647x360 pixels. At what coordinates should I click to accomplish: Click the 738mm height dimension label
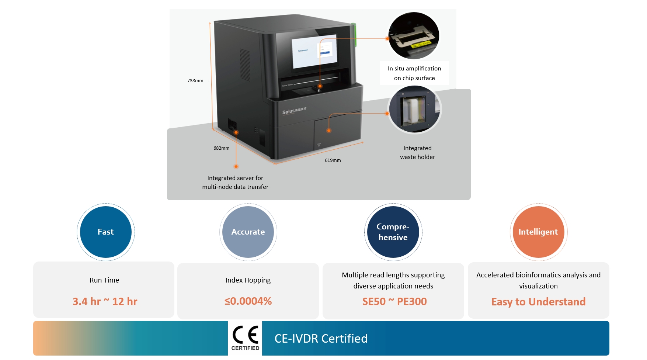[x=195, y=81]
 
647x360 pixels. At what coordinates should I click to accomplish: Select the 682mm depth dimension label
[x=221, y=148]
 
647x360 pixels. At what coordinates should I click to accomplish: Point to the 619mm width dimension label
[x=333, y=160]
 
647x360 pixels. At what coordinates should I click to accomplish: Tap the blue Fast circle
[x=106, y=232]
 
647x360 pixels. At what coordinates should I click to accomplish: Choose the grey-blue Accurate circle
[x=248, y=232]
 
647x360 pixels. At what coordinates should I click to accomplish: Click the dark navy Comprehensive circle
[x=393, y=232]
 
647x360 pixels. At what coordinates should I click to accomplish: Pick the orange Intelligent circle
[x=538, y=232]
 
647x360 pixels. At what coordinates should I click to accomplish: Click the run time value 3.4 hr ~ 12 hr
[x=105, y=302]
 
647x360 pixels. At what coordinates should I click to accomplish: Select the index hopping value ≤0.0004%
[x=248, y=301]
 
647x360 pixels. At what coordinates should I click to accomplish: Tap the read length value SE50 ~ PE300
[x=394, y=302]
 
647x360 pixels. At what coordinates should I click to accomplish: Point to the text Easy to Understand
[x=538, y=302]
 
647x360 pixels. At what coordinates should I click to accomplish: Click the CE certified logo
[x=245, y=338]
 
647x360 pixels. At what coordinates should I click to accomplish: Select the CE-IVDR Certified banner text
[x=321, y=339]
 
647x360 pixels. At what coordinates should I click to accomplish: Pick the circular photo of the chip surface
[x=414, y=36]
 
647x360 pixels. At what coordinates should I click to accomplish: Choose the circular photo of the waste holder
[x=415, y=110]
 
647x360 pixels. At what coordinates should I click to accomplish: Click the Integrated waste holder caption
[x=417, y=153]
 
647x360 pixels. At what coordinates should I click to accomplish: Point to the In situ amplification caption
[x=414, y=73]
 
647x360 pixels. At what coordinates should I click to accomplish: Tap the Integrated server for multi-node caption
[x=235, y=183]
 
